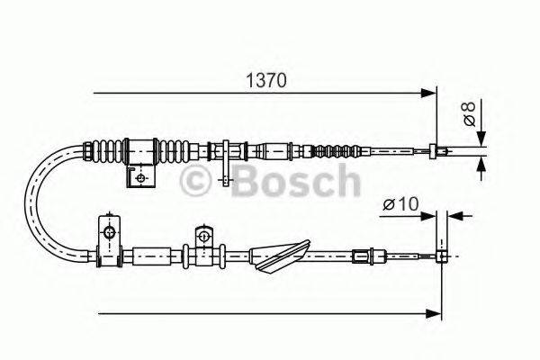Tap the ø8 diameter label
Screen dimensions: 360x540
pyautogui.click(x=469, y=114)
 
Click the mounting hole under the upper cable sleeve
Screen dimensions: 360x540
pyautogui.click(x=139, y=177)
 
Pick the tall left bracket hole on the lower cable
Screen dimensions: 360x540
pyautogui.click(x=110, y=234)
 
